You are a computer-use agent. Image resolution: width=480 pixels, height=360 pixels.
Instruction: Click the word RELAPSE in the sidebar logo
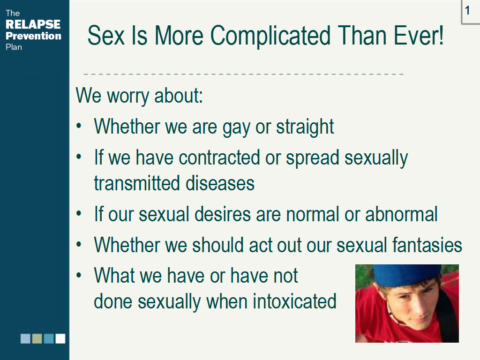tap(33, 24)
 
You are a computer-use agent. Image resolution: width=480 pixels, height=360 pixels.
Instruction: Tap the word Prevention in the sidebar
tap(33, 36)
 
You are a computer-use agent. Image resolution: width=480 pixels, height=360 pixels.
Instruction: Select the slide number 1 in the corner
tap(467, 10)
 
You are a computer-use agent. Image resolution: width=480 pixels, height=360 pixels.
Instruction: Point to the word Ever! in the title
tap(419, 35)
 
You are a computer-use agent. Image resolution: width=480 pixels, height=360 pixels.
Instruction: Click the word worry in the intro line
tap(128, 96)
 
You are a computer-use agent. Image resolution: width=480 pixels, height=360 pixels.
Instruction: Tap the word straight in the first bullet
tap(305, 127)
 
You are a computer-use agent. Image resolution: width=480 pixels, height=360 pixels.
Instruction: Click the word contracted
tap(219, 158)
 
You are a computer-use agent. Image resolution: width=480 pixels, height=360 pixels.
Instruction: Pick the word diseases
tap(220, 183)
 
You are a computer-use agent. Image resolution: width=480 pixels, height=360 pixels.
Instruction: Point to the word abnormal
tap(401, 214)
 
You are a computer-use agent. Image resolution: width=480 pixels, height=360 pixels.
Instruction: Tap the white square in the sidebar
tap(60, 338)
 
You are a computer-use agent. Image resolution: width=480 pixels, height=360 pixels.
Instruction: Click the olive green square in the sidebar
tap(37, 338)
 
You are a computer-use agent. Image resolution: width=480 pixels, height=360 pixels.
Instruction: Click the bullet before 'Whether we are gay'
tap(79, 126)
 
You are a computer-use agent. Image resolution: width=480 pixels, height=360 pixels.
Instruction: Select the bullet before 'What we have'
tap(79, 275)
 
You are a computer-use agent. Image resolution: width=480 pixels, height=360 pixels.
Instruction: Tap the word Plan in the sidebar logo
tap(14, 47)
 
